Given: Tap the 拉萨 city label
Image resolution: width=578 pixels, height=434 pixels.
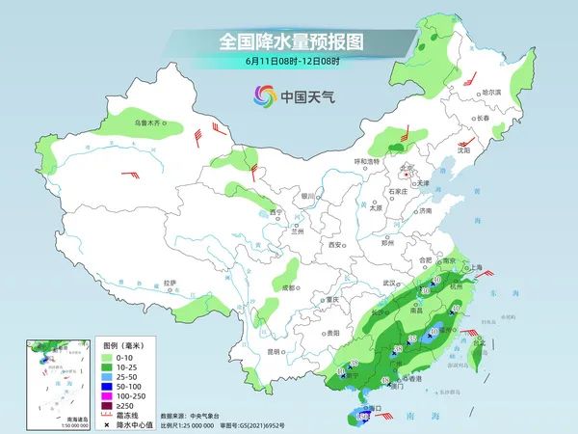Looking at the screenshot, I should point(171,283).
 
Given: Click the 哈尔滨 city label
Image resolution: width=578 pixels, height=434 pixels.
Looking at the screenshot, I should point(490,92).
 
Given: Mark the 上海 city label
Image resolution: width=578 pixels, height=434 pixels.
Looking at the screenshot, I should point(471,268).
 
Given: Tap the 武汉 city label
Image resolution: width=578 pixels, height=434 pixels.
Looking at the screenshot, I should point(389,283).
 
